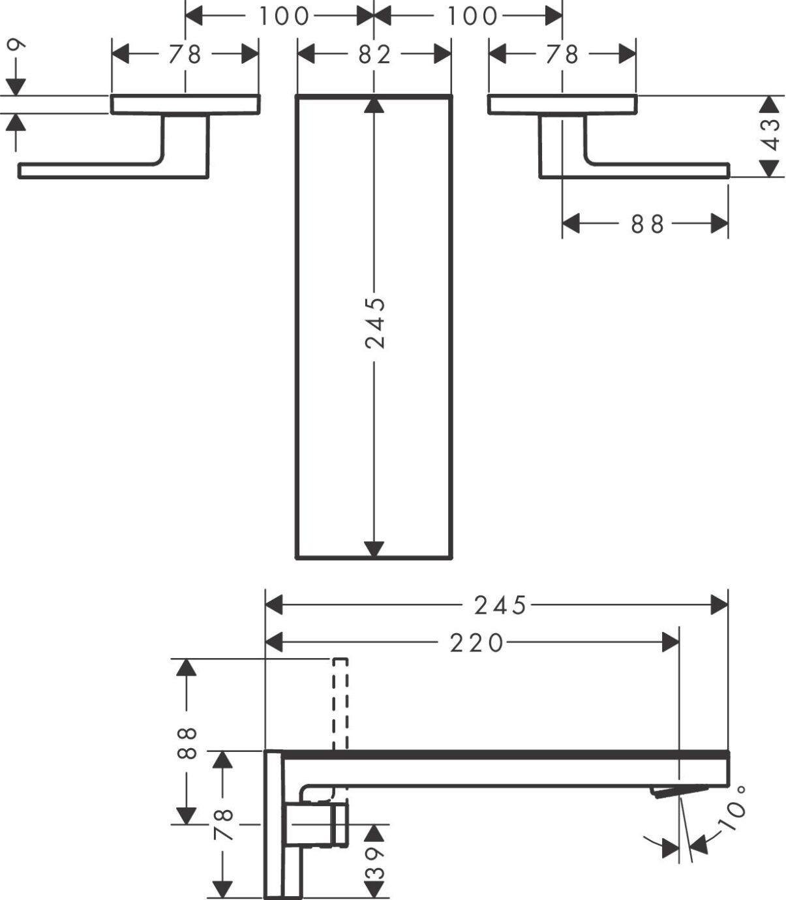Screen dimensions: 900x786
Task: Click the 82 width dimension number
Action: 374,55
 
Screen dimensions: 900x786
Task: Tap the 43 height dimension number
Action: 771,133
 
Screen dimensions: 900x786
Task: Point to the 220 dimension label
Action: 477,643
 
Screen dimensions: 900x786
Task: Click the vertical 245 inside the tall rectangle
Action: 374,323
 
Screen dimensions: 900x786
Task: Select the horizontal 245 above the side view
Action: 500,606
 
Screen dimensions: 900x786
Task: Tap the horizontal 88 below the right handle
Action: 647,224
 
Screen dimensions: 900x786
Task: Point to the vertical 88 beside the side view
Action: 187,743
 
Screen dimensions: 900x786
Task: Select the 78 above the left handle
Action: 185,55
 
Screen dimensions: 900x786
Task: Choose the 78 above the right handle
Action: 562,55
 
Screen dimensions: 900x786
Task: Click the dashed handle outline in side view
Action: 339,704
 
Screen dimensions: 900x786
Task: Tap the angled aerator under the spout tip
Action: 678,791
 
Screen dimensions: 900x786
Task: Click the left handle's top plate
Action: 185,104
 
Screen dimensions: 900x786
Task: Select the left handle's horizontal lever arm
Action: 91,170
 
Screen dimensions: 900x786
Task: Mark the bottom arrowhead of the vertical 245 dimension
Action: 374,549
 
